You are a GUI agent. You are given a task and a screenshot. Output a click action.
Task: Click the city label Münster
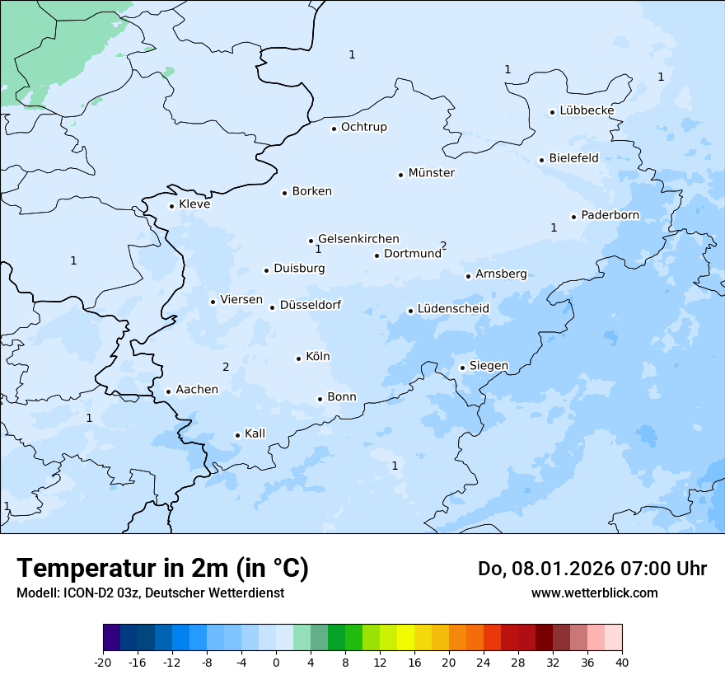coord(431,173)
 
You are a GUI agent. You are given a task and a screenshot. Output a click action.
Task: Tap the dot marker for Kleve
coord(171,206)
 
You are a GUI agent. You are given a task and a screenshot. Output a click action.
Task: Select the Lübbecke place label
coord(587,110)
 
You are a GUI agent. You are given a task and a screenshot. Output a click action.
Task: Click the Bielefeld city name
coord(573,158)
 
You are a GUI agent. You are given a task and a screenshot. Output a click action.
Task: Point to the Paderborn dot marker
coord(573,217)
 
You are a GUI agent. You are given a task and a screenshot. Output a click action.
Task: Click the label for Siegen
coord(489,366)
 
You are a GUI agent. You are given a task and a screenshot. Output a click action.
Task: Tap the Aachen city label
coord(197,390)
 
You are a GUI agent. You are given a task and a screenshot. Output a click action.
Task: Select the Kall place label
coord(255,433)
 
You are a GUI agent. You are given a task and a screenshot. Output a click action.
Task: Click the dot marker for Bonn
coord(320,399)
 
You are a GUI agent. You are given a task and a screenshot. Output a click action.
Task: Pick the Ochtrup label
coord(363,127)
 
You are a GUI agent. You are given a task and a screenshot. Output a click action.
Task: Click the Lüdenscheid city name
coord(453,309)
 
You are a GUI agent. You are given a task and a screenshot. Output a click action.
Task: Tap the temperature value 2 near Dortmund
coord(443,246)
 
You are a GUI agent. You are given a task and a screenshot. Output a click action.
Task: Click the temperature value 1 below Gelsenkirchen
coord(318,249)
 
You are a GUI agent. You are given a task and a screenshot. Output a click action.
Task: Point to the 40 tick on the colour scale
coord(622,663)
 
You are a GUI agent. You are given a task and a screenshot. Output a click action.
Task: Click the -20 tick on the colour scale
coord(103,663)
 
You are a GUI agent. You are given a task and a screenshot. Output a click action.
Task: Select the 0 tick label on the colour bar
coord(276,663)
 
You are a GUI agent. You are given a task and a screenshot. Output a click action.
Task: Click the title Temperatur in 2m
coord(162,569)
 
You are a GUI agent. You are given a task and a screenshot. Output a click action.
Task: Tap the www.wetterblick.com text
coord(594,593)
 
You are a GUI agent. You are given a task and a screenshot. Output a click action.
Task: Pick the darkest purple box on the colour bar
coord(111,638)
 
